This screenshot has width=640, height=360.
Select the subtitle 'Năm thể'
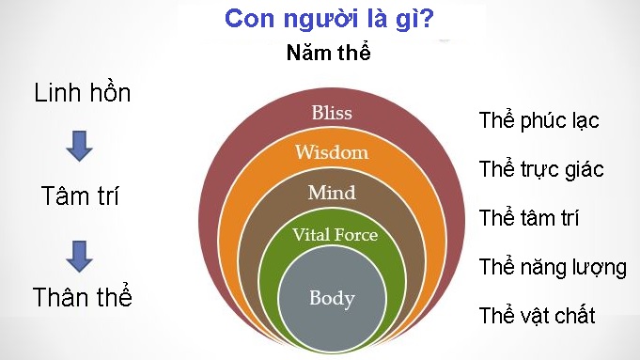click(x=329, y=53)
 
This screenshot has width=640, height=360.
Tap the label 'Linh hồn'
click(x=83, y=93)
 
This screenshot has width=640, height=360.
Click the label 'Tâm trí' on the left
click(x=83, y=197)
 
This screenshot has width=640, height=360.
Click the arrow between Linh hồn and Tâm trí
click(x=81, y=145)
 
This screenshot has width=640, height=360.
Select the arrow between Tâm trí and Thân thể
click(x=81, y=252)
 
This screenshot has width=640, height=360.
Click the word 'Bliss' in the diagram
click(x=331, y=114)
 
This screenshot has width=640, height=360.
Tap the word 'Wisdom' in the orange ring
click(x=332, y=151)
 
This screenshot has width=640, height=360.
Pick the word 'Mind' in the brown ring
click(x=332, y=193)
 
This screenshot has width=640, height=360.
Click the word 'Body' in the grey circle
click(x=332, y=299)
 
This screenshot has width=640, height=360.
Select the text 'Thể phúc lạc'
click(x=539, y=120)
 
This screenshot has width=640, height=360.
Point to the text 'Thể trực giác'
click(x=540, y=170)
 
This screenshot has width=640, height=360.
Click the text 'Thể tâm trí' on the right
click(x=528, y=218)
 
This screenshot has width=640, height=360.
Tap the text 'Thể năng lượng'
click(x=553, y=267)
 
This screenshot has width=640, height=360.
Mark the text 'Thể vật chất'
click(x=537, y=315)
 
